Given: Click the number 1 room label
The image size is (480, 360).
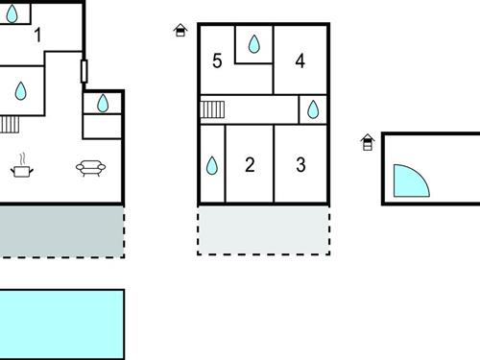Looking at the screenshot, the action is pos(37,36).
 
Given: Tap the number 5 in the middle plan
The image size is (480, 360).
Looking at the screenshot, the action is pos(217,61).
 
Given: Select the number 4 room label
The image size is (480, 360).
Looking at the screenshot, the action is pos(300,61).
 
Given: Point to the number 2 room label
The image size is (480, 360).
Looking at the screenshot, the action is pos(250,165).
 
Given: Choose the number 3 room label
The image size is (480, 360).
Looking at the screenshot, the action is pos(300,165).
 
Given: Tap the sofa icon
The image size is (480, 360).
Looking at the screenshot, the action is pos(90,168).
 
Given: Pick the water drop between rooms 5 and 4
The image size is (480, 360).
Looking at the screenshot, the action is pos(254,44).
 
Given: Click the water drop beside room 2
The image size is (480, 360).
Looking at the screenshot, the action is pos(212,166).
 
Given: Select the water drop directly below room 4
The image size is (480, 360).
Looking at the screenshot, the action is pos(313,110).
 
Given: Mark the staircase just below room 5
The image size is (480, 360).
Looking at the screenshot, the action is pos(212,109).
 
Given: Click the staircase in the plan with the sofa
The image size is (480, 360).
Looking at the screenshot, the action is pos(10,123).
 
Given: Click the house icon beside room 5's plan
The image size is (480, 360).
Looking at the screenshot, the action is pos(180,31).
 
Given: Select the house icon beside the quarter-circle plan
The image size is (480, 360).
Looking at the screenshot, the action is pos(367,143).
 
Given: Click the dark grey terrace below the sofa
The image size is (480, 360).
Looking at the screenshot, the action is pos(60,230).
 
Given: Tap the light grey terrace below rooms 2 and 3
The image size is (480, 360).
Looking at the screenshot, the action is pos(264,230).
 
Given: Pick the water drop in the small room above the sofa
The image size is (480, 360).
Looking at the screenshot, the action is pos(103,101).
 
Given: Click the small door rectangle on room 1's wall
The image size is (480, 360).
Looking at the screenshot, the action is pos(84,71).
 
